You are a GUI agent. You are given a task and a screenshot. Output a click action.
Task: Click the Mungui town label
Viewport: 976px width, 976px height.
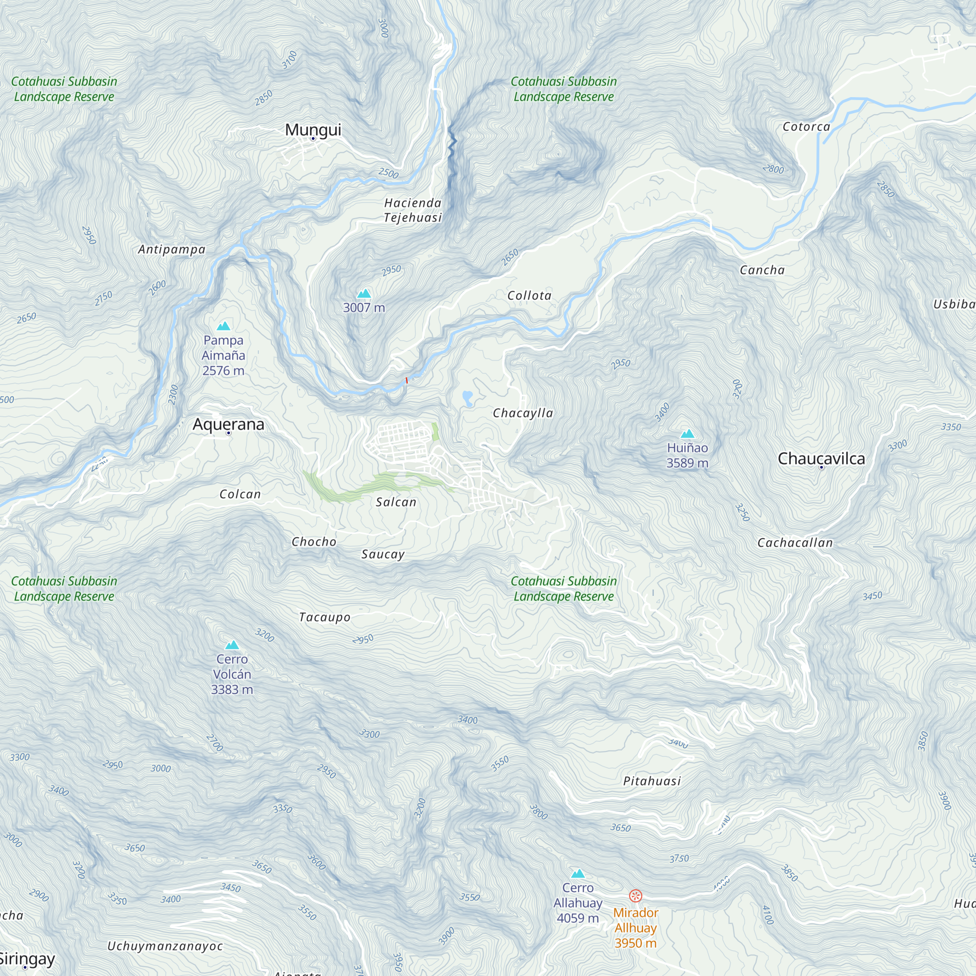313,129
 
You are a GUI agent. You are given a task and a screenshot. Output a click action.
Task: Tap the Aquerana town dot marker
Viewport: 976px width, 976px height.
228,433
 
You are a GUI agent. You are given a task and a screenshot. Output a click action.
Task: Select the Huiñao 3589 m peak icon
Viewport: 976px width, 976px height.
687,433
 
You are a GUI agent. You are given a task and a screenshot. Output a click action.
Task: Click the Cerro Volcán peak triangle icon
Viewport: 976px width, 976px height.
232,645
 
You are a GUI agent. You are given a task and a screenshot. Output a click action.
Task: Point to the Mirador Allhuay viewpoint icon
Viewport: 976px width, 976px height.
635,895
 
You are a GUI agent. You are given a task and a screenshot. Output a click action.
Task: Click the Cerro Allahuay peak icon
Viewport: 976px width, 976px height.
578,874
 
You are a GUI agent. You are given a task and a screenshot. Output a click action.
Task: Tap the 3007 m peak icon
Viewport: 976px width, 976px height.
364,293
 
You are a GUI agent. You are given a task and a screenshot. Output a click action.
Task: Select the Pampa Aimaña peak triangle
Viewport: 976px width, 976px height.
224,326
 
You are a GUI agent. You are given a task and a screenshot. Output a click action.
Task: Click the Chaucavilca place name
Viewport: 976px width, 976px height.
821,458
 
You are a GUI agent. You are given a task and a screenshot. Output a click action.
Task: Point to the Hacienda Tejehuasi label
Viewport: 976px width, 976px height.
413,210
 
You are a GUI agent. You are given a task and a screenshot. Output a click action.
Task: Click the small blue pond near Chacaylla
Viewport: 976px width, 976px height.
468,398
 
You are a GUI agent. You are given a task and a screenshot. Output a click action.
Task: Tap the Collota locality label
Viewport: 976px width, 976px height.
529,296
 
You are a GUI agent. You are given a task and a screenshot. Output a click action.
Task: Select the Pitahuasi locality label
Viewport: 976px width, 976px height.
651,781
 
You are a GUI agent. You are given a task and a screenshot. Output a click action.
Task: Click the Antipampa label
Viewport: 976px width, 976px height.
172,249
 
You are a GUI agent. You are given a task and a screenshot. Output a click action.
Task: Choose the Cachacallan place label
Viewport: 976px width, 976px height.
794,543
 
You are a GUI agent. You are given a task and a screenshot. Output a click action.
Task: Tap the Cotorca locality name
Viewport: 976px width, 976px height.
806,127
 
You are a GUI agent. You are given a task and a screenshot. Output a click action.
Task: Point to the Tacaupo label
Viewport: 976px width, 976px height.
325,617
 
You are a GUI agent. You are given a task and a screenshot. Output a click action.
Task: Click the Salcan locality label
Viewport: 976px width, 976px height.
396,502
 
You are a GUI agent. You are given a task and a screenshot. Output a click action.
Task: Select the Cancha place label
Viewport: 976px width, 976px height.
762,270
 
